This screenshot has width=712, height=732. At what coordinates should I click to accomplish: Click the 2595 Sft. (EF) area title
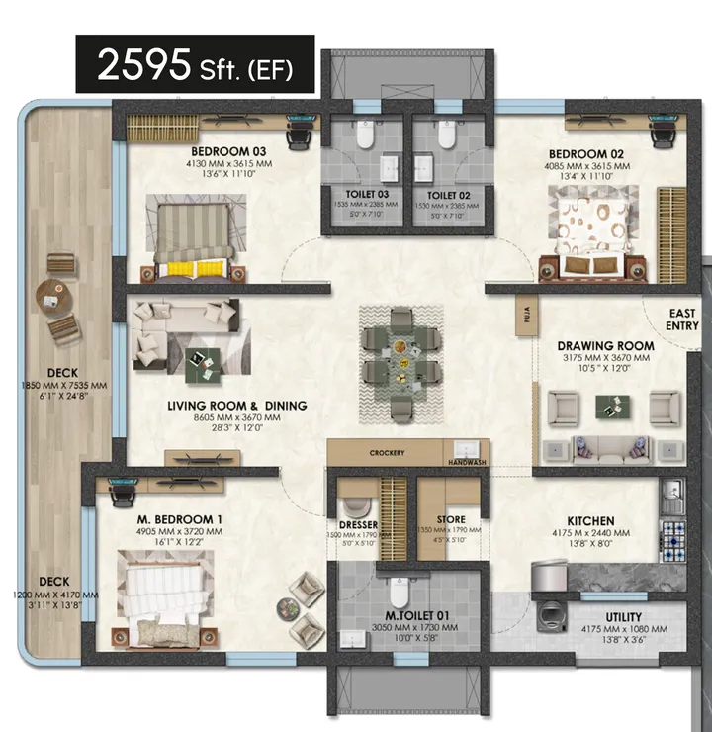pyautogui.click(x=195, y=65)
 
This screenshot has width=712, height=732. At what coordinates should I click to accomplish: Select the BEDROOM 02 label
pyautogui.click(x=588, y=153)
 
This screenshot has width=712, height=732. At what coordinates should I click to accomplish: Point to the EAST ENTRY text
pyautogui.click(x=682, y=319)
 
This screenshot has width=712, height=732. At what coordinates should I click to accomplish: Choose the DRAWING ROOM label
pyautogui.click(x=606, y=345)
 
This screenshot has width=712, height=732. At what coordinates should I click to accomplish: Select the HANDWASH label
pyautogui.click(x=463, y=461)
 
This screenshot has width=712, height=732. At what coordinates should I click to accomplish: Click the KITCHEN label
pyautogui.click(x=590, y=520)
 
